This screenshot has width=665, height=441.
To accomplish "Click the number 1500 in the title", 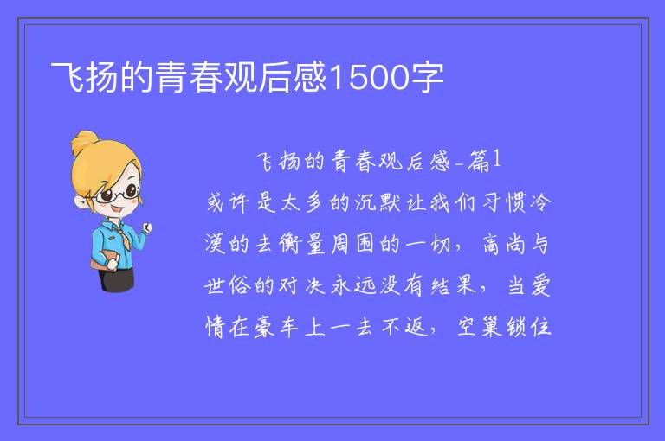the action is (368, 77).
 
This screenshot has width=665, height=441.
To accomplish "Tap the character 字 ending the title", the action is (426, 77).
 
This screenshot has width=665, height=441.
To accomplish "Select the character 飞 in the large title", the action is (68, 77).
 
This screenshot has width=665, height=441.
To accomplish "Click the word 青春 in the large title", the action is (189, 77).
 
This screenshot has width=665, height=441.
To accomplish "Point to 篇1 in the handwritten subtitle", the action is (484, 161).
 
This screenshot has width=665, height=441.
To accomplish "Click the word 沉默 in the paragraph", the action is (378, 202).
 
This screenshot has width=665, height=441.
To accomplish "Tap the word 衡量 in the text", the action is (302, 244).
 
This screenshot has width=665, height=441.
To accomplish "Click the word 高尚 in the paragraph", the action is (503, 244).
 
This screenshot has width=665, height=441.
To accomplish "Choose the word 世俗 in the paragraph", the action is (227, 285).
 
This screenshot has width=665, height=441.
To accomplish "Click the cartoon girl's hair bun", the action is (85, 142).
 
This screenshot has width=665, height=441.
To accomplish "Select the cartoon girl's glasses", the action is (118, 194).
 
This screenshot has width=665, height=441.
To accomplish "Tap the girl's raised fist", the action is (146, 228).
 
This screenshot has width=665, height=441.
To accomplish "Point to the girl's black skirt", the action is (116, 279).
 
